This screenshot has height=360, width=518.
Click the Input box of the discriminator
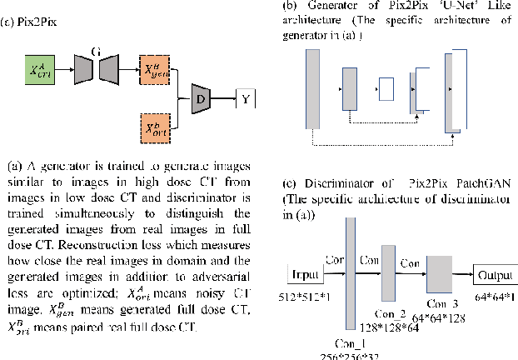(306, 274)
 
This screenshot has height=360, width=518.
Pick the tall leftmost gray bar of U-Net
(312, 87)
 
